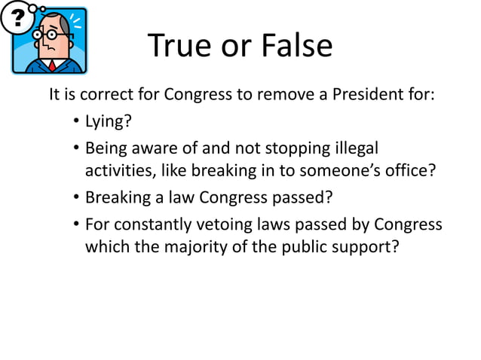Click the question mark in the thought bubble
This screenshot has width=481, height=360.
[14, 18]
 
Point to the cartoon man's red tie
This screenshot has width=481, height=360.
[52, 65]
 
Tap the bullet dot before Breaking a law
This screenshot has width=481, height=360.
[77, 199]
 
